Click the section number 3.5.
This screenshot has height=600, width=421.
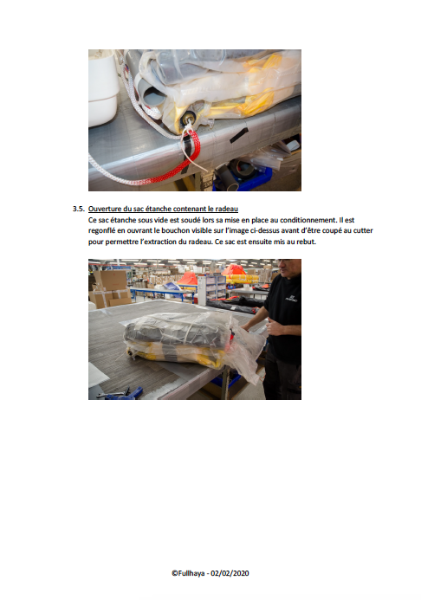click(x=79, y=209)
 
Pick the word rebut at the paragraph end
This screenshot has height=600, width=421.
click(x=306, y=242)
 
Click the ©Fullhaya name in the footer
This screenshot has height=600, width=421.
click(x=188, y=573)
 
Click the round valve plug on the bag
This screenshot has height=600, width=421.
click(x=187, y=118)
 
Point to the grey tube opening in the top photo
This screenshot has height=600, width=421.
click(x=152, y=96)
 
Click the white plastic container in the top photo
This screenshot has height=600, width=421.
click(x=102, y=88)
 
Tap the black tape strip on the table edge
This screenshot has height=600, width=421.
click(x=239, y=135)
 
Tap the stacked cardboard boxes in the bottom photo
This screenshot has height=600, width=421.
click(x=110, y=289)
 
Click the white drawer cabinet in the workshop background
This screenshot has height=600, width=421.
click(x=211, y=289)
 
